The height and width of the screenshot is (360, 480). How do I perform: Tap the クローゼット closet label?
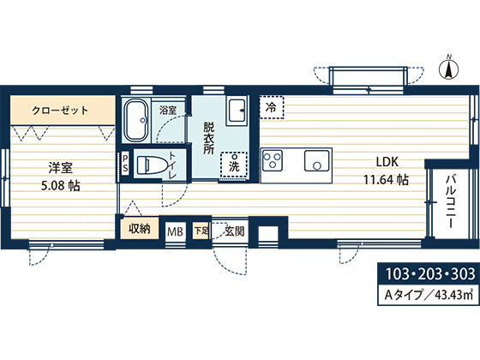60,111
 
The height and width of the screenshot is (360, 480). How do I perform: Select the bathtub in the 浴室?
136,120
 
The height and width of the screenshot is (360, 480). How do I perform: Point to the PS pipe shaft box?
125,164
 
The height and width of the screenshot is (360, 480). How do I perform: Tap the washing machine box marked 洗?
234,165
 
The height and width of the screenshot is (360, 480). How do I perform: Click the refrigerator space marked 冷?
272,107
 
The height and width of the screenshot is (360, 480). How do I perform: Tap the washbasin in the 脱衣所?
237,111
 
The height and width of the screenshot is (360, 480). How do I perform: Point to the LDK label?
387,162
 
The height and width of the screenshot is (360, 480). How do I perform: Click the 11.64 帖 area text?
386,180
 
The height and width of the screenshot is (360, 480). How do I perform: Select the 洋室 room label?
60,168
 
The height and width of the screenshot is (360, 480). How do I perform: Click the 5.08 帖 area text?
61,186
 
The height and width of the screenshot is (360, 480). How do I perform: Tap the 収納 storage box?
139,228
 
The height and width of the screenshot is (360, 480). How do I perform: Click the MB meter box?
176,231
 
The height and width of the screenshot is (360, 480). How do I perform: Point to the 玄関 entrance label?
235,231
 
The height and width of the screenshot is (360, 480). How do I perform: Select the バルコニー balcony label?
451,201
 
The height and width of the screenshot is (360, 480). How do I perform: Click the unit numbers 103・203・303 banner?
429,273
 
